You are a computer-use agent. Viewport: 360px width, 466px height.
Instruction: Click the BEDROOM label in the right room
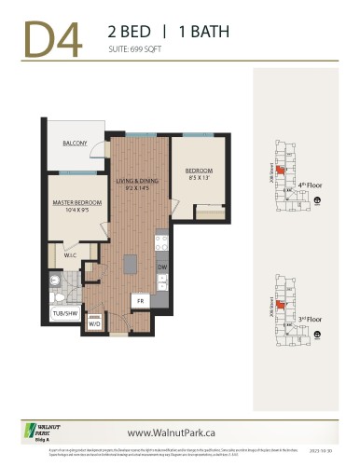click(198, 171)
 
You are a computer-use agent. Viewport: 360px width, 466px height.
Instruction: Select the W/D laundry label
click(94, 324)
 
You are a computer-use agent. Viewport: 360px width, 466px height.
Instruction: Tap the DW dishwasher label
click(162, 267)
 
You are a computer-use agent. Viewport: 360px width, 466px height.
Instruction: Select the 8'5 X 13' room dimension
click(198, 179)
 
